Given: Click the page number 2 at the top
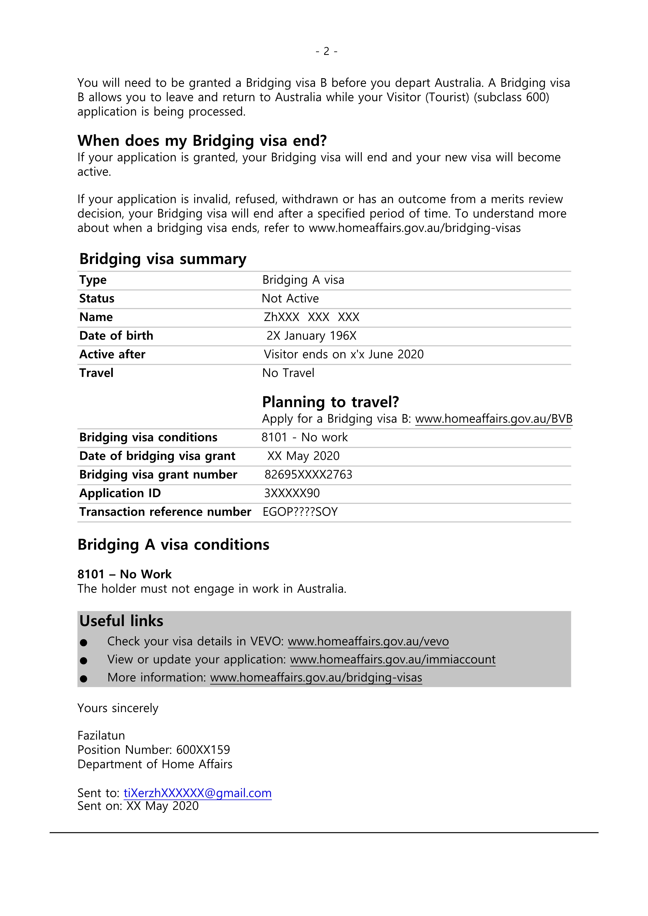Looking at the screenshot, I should [326, 51].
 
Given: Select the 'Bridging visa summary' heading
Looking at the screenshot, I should [163, 259].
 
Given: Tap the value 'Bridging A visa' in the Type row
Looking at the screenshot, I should [303, 280].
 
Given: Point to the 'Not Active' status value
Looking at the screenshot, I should [290, 299].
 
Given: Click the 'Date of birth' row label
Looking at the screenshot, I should [116, 335].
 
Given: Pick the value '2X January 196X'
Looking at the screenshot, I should [311, 335].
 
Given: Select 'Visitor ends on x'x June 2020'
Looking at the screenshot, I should [343, 354].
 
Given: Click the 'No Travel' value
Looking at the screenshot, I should [288, 373].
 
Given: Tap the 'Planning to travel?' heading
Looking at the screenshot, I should [330, 402].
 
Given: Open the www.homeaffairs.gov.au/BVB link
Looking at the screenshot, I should [494, 419].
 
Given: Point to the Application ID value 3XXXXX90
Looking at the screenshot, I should [292, 493].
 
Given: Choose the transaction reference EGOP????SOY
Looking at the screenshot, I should [300, 512].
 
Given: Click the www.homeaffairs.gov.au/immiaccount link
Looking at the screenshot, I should [393, 660].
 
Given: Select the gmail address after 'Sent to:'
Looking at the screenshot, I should [198, 793].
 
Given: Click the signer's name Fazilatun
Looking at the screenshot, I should [101, 735].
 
